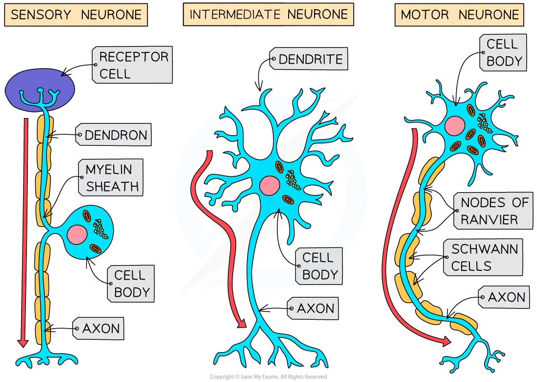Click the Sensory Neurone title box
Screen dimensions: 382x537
tap(76, 15)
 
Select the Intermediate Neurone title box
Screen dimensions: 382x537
tap(268, 15)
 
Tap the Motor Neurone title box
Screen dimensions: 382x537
tap(459, 15)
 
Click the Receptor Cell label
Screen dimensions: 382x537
tap(133, 65)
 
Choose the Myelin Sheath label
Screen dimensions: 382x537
tap(112, 177)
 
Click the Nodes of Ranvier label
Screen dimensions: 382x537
tap(493, 211)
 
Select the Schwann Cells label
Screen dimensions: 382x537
tap(481, 257)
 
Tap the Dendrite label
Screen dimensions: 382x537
tap(309, 60)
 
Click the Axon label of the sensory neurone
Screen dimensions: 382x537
tap(99, 328)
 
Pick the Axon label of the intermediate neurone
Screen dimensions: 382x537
tap(314, 309)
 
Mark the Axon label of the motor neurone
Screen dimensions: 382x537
tap(505, 297)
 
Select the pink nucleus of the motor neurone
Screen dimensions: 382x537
tap(455, 126)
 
